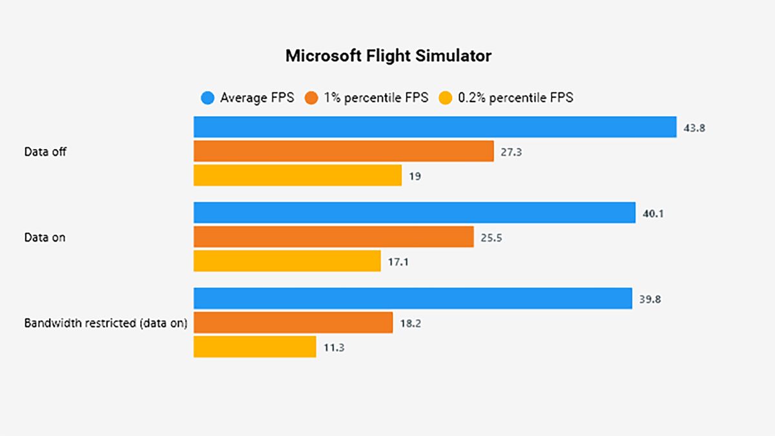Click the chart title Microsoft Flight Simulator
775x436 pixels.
[x=388, y=56]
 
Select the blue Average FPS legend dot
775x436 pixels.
[x=207, y=98]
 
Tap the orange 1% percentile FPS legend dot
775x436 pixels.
[x=313, y=98]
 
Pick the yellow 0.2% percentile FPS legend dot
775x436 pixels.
[x=446, y=98]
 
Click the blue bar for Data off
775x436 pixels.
[x=435, y=127]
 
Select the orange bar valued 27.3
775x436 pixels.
[x=344, y=151]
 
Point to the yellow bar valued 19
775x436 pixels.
[x=298, y=175]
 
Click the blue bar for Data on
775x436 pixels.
[x=415, y=213]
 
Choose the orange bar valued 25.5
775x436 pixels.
[x=334, y=237]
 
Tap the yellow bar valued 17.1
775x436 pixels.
[x=287, y=261]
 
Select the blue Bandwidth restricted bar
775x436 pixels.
[x=413, y=298]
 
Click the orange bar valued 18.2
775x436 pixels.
[x=293, y=322]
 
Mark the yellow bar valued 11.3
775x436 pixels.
[x=255, y=347]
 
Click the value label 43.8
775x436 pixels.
[x=694, y=128]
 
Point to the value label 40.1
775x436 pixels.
[x=653, y=213]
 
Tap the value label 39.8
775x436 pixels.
[x=650, y=299]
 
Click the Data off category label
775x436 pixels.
[x=45, y=152]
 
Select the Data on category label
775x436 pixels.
[x=45, y=238]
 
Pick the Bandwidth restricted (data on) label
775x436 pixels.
[x=106, y=323]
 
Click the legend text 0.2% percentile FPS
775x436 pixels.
[x=515, y=98]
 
